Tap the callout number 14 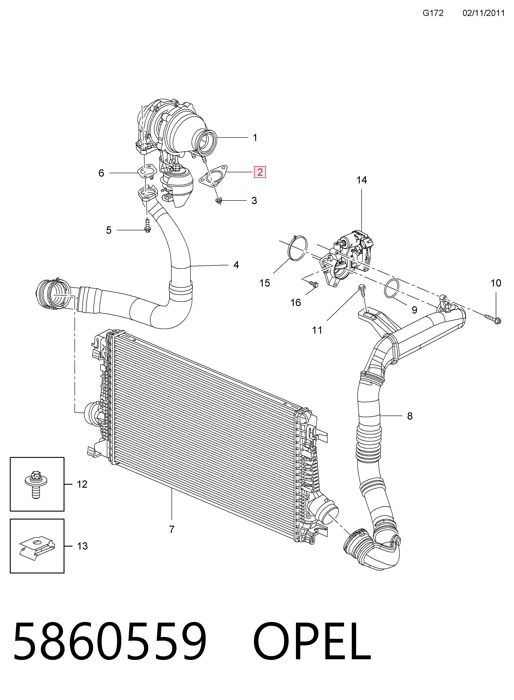tap(362, 180)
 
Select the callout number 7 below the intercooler tap(172, 529)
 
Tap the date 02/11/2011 tap(483, 13)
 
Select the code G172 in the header tap(433, 13)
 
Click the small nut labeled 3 tap(219, 201)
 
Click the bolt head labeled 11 tap(362, 287)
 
